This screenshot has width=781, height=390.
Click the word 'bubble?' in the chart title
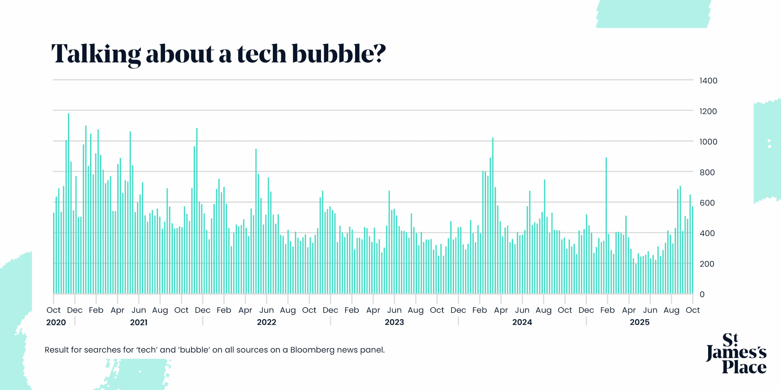pos(339,54)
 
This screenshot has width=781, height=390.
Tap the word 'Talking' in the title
pos(96,54)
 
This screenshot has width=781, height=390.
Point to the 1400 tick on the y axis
pos(708,81)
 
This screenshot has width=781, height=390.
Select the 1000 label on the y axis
pos(708,142)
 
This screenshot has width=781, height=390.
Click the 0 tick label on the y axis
pos(702,294)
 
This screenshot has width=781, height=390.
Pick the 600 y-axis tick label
pos(707,203)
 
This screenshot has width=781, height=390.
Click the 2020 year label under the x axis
pos(56,322)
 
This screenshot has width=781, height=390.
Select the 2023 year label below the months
pos(394,322)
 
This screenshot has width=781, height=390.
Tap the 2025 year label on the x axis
pos(639,322)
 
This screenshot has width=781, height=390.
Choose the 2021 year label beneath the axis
pos(139,322)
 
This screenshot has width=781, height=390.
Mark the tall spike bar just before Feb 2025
pos(606,225)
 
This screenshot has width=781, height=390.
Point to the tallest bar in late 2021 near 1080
pos(197,210)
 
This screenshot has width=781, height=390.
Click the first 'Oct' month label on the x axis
pos(53,310)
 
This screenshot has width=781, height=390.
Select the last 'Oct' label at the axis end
pos(693,310)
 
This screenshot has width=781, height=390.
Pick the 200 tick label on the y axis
pos(707,264)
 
